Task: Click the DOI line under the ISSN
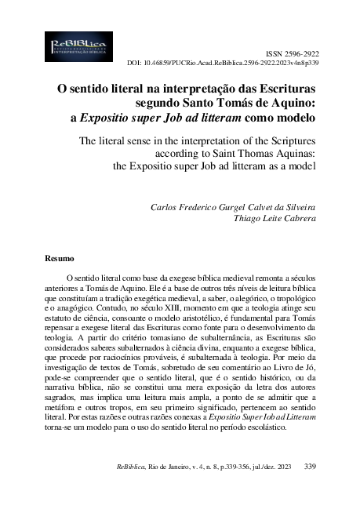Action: tap(223, 61)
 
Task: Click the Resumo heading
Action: tap(60, 257)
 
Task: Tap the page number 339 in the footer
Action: tap(309, 467)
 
